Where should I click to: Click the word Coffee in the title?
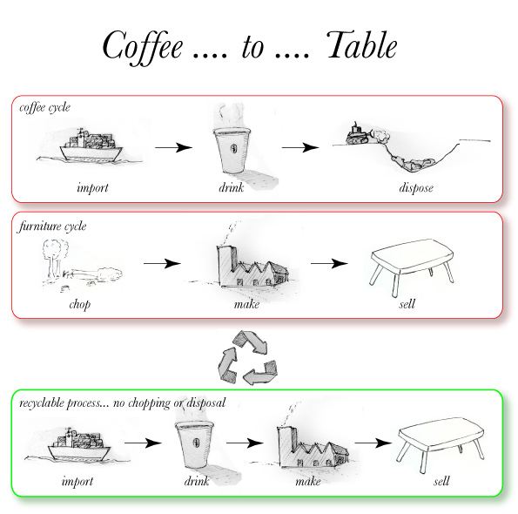[x=143, y=47]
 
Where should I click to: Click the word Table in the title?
[x=362, y=45]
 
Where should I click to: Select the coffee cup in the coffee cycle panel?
[x=232, y=150]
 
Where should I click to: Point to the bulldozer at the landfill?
[x=357, y=134]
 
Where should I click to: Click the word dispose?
[x=416, y=188]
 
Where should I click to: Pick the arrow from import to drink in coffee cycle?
[x=174, y=147]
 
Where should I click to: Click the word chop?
[x=79, y=304]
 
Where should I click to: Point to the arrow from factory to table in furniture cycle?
[x=329, y=263]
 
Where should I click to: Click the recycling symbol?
[x=247, y=358]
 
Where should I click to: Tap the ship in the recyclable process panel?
[x=79, y=445]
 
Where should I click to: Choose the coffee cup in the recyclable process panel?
[x=194, y=444]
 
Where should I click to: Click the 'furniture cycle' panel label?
[x=52, y=227]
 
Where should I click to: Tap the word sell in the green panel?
[x=441, y=481]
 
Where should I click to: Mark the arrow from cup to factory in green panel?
[x=245, y=443]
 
